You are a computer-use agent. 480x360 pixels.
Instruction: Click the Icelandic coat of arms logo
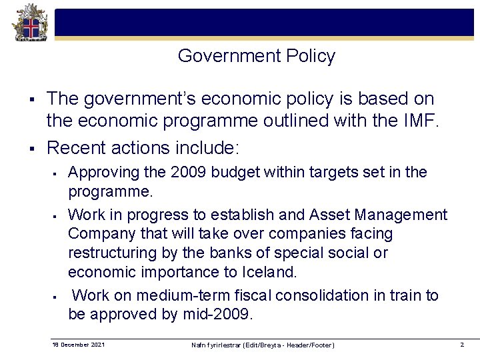27,23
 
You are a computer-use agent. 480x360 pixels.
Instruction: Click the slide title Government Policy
256,57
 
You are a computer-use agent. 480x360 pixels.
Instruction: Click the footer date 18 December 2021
78,344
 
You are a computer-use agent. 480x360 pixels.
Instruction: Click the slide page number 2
461,344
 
